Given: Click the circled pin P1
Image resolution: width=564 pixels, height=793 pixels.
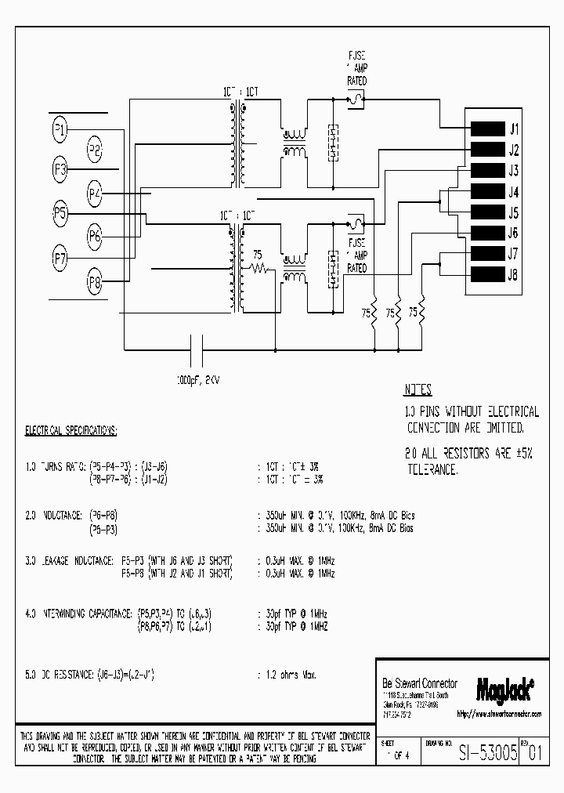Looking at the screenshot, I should (60, 129).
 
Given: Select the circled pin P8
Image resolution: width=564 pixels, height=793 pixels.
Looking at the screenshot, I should (94, 284).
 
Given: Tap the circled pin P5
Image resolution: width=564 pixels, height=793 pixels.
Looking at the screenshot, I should (60, 213).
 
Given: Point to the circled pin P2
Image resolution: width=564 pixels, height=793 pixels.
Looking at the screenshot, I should (94, 149).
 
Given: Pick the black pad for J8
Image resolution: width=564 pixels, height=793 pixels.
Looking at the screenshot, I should (486, 273).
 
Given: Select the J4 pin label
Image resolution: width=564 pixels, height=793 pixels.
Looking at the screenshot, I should (514, 192).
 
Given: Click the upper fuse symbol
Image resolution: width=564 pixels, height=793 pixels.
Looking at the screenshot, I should (356, 100).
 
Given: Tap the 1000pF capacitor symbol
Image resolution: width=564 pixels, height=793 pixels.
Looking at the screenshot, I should (197, 346).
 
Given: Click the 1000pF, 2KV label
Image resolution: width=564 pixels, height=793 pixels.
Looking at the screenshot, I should (198, 378).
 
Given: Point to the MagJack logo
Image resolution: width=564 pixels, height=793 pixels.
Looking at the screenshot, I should (504, 689).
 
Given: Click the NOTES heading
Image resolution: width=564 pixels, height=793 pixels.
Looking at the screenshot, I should (418, 390).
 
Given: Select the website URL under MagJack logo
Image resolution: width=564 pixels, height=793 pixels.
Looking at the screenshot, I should (499, 714).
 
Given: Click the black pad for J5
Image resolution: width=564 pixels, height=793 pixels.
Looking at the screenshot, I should (486, 212).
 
